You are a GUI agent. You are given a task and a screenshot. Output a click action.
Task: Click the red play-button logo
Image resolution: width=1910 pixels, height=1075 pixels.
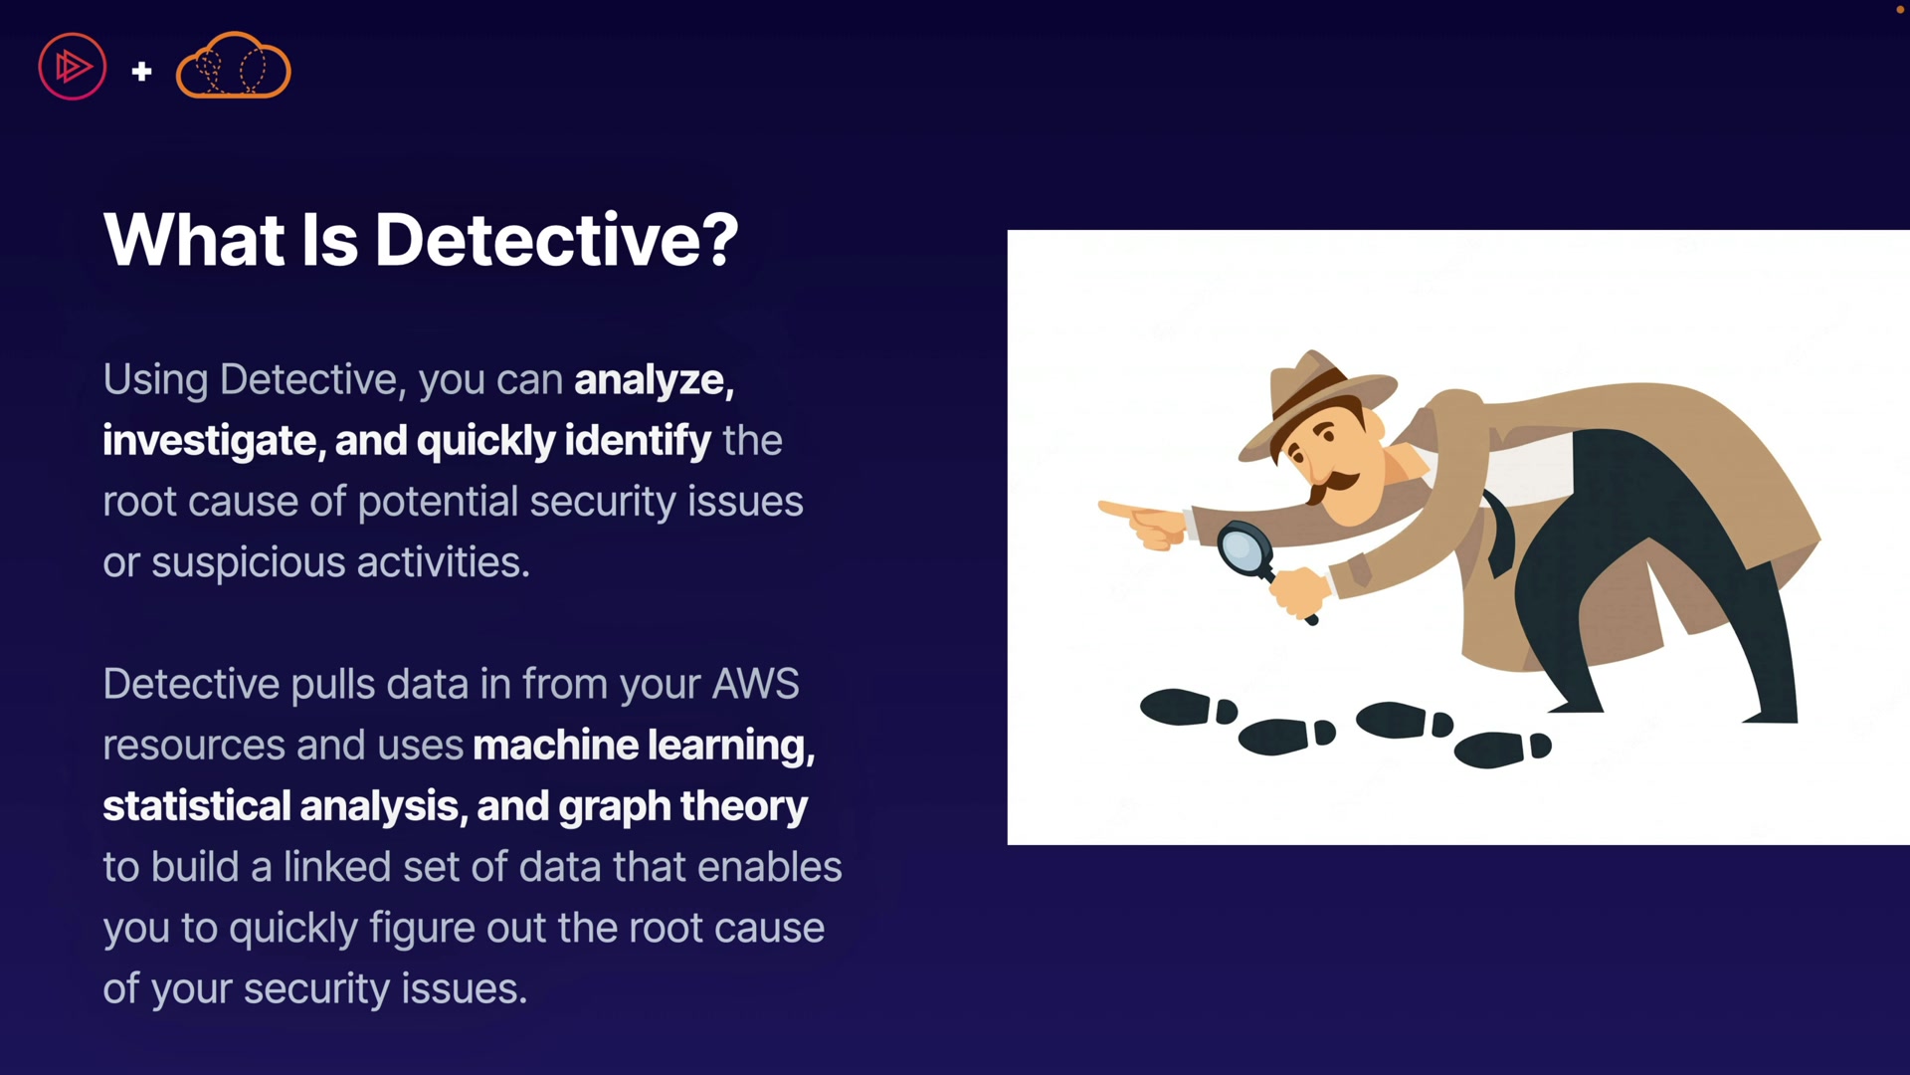click(x=72, y=67)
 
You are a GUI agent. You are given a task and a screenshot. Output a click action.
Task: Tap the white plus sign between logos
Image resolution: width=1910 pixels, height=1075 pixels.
click(x=141, y=71)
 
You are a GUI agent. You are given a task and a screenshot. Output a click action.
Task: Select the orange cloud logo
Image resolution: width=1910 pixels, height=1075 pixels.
click(x=233, y=66)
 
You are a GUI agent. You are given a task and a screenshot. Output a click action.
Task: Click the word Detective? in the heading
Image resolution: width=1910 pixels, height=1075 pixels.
click(x=556, y=240)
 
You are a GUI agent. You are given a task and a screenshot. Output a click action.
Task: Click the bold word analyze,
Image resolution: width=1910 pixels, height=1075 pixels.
click(x=655, y=380)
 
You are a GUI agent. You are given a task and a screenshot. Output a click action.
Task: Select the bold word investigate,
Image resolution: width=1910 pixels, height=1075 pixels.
click(x=214, y=441)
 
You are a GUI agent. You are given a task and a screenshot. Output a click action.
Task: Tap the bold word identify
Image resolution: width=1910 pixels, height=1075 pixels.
click(x=638, y=441)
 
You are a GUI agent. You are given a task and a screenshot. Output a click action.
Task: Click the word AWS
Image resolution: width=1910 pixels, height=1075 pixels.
click(x=756, y=684)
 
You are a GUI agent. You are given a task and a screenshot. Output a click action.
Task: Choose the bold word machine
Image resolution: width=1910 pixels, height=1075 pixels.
click(x=555, y=745)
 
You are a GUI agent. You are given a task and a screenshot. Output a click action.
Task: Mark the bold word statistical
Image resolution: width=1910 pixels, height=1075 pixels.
click(x=196, y=806)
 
